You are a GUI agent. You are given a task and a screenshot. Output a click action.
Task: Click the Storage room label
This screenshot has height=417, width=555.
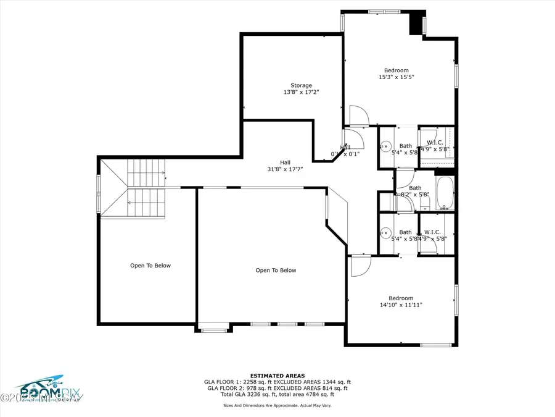(x=301, y=85)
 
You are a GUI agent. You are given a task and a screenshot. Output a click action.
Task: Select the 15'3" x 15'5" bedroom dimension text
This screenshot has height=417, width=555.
(x=397, y=78)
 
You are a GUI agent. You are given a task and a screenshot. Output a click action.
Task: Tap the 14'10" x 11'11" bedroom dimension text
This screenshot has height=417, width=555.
(x=401, y=305)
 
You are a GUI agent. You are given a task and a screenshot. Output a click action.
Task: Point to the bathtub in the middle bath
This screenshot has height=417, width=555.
(x=445, y=193)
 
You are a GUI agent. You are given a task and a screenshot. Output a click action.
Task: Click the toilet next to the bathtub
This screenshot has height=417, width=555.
(x=386, y=202)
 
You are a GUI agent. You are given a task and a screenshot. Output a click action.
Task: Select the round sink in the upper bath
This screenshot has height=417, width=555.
(x=385, y=148)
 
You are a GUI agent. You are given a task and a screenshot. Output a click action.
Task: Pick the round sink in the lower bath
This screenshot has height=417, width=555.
(x=385, y=235)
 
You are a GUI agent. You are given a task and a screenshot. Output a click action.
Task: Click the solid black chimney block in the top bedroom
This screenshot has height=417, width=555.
(x=417, y=23)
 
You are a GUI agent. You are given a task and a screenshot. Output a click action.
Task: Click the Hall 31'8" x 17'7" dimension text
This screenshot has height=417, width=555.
(x=285, y=169)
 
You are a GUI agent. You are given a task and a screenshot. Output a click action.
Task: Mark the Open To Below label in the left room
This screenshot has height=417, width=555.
(x=150, y=266)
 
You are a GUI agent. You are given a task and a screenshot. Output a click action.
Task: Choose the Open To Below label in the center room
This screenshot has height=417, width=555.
(x=276, y=270)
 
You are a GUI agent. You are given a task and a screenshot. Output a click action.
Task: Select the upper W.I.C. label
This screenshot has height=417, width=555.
(x=435, y=142)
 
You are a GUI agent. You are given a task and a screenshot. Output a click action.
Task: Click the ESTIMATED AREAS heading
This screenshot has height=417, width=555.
(x=277, y=376)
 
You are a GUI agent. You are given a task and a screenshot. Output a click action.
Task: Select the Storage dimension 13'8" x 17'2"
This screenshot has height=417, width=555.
(x=301, y=92)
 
